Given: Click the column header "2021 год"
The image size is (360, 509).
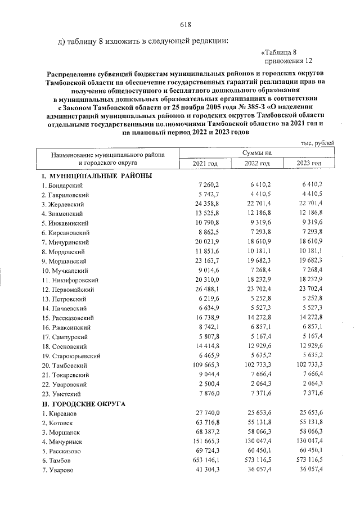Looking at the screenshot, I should click(205, 163).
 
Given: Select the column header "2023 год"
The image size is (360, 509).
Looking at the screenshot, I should click(309, 163).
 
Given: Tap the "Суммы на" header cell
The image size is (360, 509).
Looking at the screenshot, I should click(256, 152).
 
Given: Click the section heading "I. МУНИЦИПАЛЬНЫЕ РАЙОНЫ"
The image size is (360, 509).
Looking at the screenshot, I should click(96, 175).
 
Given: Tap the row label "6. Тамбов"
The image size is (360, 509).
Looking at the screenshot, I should click(59, 460).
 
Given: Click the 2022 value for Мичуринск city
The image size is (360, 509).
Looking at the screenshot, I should click(262, 441).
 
